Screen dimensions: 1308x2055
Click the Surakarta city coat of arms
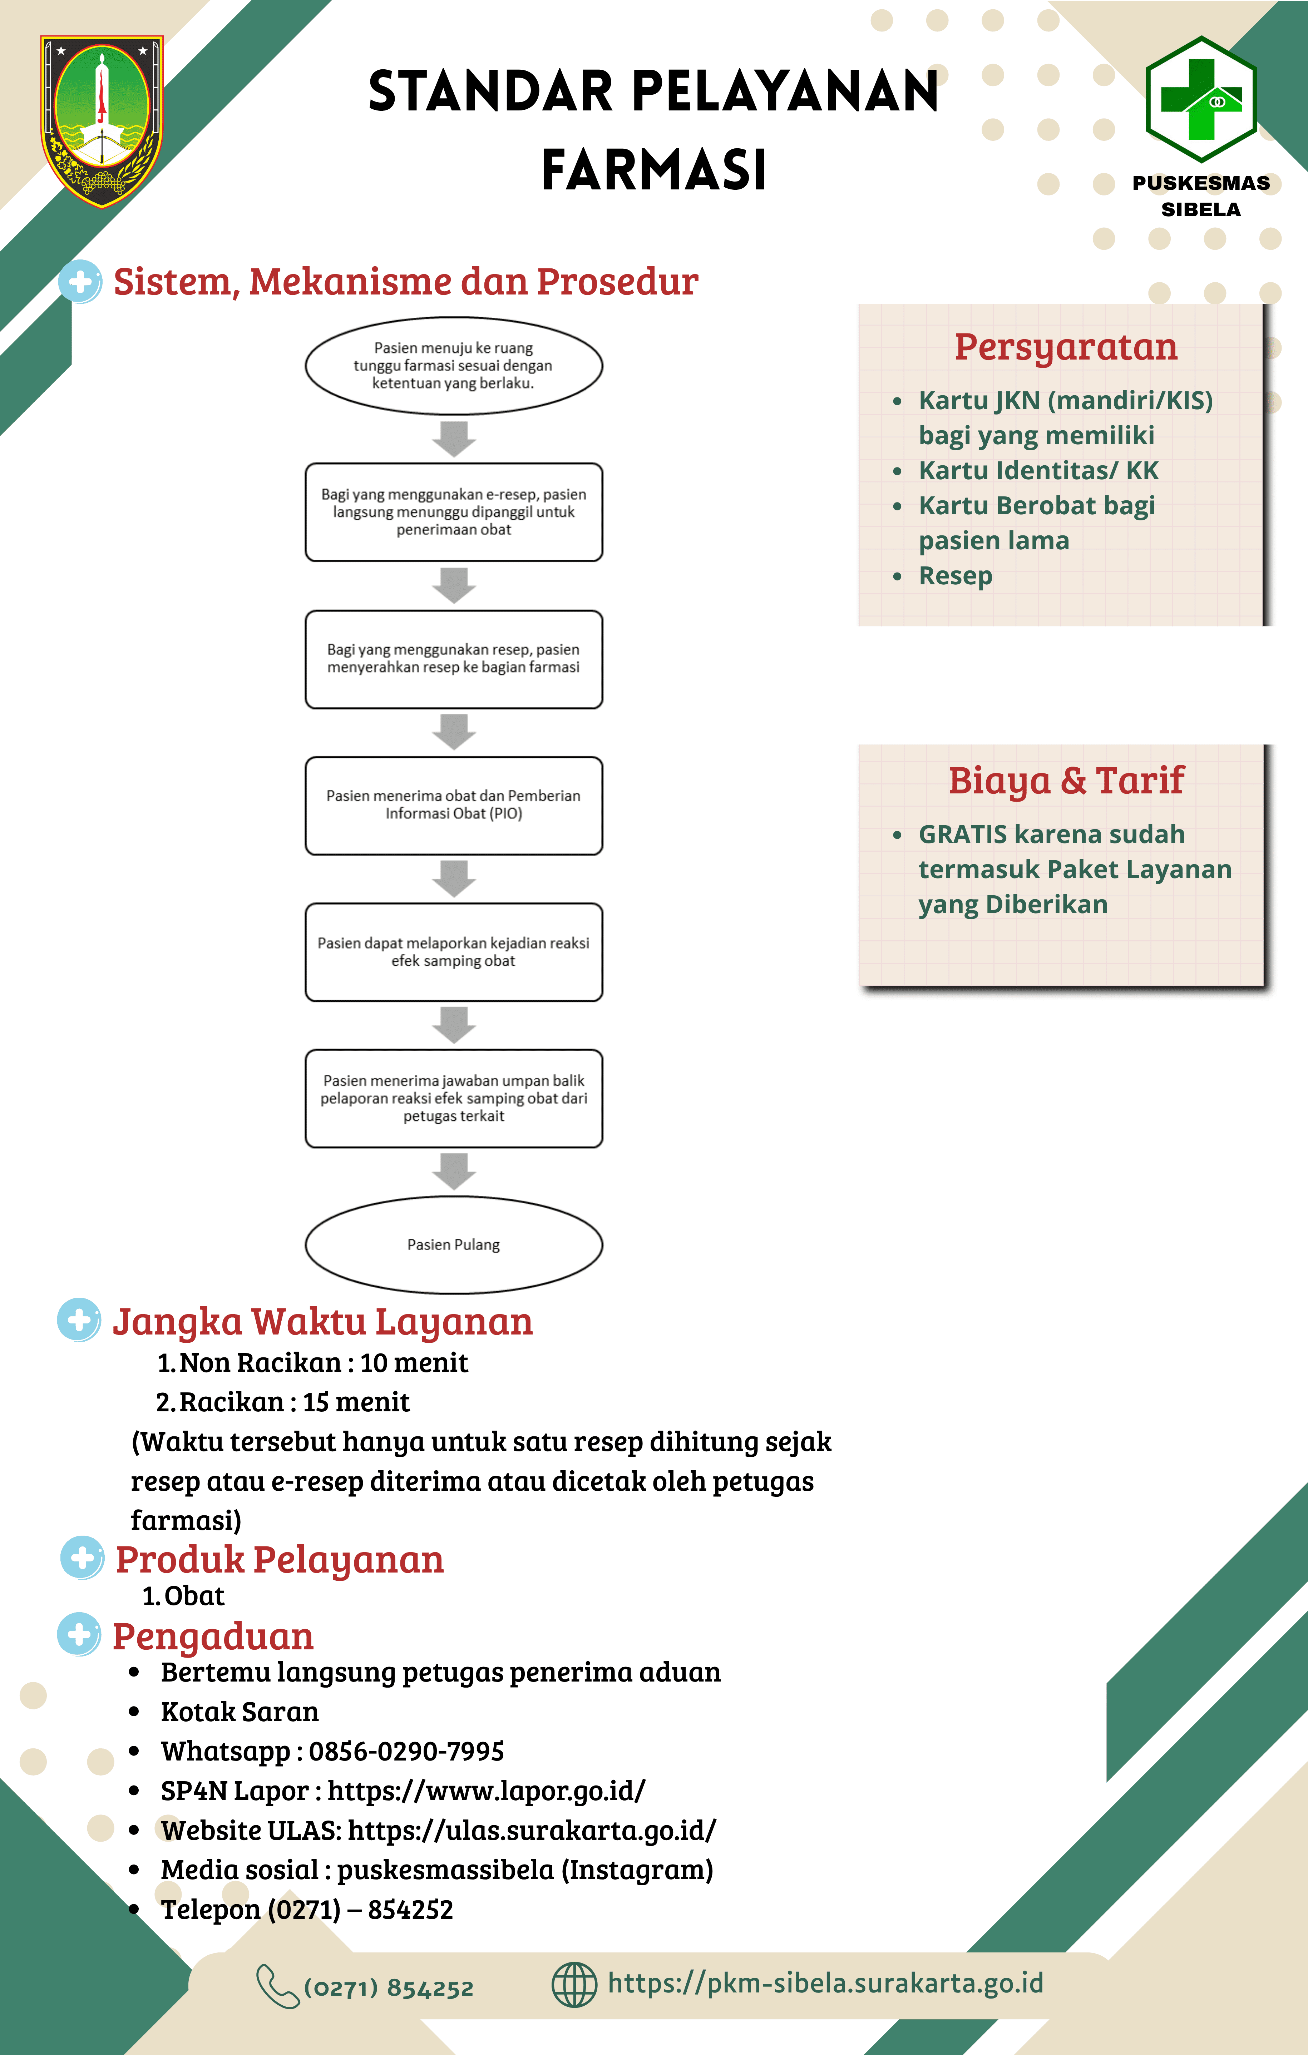pos(102,121)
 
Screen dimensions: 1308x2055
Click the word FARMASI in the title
pos(654,169)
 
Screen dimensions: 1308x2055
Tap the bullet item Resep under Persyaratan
pos(956,576)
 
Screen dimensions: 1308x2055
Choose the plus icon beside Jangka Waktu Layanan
pos(79,1320)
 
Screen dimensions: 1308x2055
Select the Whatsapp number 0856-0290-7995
pos(406,1751)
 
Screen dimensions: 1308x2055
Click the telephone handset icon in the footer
pos(277,1987)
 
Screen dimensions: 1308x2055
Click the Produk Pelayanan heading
pos(280,1560)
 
